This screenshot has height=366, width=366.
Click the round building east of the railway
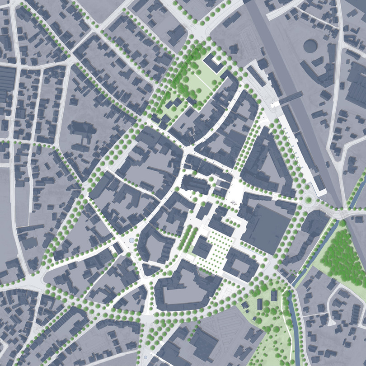[x=310, y=46]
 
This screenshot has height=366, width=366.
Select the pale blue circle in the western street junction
[x=131, y=240]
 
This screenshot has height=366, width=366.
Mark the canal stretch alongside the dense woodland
[x=316, y=253]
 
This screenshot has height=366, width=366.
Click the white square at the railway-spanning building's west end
[x=275, y=104]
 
